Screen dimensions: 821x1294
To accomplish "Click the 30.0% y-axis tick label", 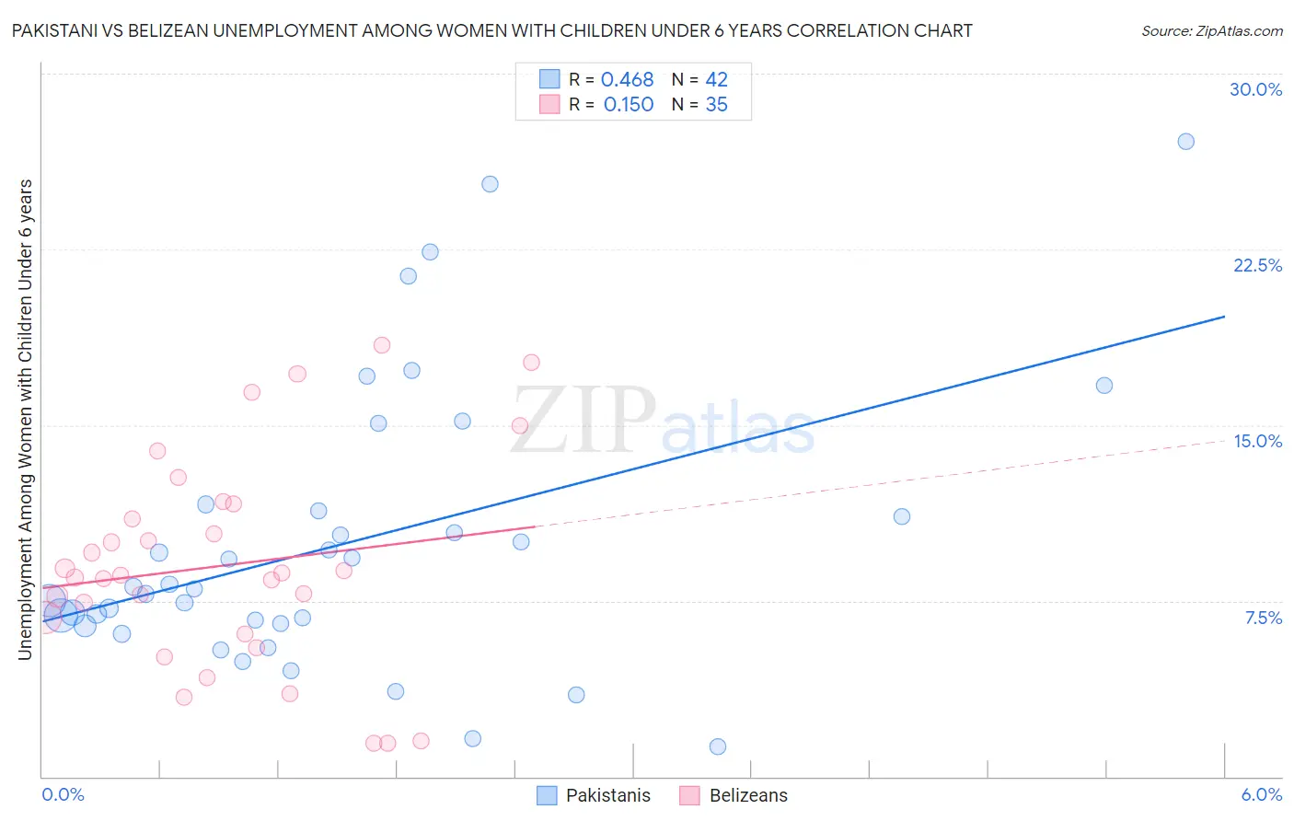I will pos(1255,89).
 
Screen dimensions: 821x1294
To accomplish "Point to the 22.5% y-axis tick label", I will pos(1257,265).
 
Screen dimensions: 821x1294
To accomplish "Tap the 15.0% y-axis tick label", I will pos(1257,441).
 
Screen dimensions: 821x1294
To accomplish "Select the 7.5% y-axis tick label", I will pos(1263,618).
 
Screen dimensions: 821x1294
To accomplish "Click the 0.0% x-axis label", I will pos(63,794).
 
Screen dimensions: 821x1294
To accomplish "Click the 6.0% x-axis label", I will pos(1261,794).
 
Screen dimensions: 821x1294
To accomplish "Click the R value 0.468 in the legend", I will pos(627,80).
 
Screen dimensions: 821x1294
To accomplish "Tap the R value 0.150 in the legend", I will pos(629,105).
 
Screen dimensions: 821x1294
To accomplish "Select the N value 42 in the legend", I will pos(716,80).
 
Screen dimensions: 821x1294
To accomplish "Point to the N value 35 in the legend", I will pos(716,105).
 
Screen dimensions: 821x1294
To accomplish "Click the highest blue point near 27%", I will pos(1185,142).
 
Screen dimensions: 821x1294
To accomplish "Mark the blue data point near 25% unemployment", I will pos(490,184).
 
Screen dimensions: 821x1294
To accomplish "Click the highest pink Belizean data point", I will pos(381,345).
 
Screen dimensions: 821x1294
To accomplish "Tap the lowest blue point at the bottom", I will pos(718,746).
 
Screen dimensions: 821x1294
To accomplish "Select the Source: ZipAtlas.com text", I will pos(1211,30).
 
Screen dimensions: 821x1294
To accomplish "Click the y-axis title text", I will pos(26,420).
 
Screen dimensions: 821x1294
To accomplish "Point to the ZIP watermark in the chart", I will pos(582,421).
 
